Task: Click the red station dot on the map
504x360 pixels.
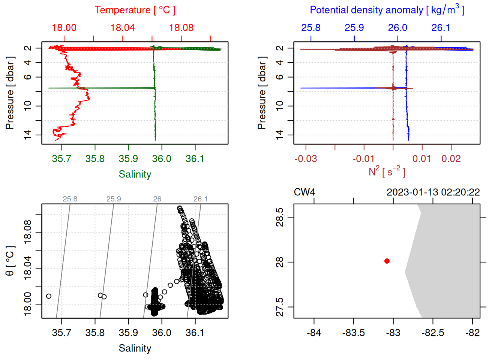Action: pyautogui.click(x=387, y=261)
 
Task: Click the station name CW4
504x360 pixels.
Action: pyautogui.click(x=304, y=192)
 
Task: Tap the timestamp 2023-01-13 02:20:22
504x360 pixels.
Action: pyautogui.click(x=433, y=192)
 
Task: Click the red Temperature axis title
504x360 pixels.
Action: pyautogui.click(x=135, y=10)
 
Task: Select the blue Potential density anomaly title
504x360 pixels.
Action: pyautogui.click(x=387, y=10)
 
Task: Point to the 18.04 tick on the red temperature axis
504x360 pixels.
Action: pyautogui.click(x=123, y=28)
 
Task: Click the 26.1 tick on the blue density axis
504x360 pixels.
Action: pyautogui.click(x=441, y=28)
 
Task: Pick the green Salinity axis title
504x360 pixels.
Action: pyautogui.click(x=135, y=174)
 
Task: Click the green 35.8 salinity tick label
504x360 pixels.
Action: pyautogui.click(x=95, y=159)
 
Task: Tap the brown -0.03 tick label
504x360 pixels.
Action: pyautogui.click(x=306, y=159)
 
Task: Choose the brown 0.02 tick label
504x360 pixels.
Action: pyautogui.click(x=451, y=159)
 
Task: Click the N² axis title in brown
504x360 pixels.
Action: pyautogui.click(x=387, y=172)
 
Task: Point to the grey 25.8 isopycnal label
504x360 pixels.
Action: pyautogui.click(x=70, y=199)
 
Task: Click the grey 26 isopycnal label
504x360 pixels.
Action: pyautogui.click(x=157, y=199)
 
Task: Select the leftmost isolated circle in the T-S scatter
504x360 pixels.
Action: pyautogui.click(x=49, y=296)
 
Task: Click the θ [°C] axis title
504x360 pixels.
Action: pyautogui.click(x=10, y=261)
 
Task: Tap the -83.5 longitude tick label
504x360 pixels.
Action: pyautogui.click(x=353, y=333)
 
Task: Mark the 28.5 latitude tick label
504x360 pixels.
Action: pyautogui.click(x=280, y=217)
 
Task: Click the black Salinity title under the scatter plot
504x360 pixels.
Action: pyautogui.click(x=135, y=348)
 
